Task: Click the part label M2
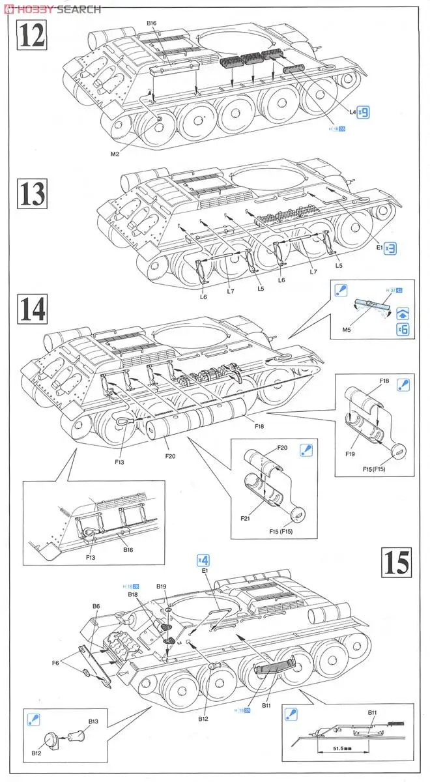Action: click(115, 154)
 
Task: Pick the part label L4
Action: click(352, 112)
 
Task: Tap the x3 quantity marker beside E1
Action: click(390, 248)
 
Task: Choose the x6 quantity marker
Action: click(403, 329)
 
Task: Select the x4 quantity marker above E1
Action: click(203, 560)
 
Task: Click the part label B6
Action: click(96, 606)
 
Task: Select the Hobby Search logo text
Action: click(52, 8)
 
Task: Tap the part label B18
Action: click(133, 594)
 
